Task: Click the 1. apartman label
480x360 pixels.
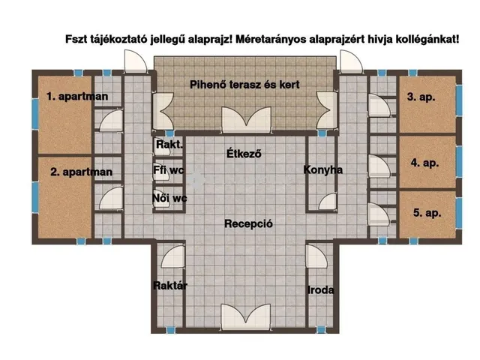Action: [77, 97]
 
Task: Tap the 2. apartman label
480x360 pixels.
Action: [82, 172]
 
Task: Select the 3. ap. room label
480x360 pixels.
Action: [421, 97]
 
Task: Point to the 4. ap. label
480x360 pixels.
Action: [424, 163]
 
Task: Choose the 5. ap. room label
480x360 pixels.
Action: [427, 213]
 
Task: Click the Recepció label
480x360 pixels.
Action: [248, 223]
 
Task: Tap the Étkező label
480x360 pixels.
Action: [244, 153]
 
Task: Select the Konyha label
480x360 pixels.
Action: [323, 170]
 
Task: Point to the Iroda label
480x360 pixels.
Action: [320, 290]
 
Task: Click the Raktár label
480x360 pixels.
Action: [170, 286]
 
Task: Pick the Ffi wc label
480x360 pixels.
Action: [169, 170]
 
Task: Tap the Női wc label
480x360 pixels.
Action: [169, 198]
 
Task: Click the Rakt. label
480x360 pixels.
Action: [169, 145]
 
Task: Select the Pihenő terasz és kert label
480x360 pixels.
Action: [244, 85]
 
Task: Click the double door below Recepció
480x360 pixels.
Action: [246, 316]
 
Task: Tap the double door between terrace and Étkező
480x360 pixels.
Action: [247, 120]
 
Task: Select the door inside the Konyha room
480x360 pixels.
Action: [328, 201]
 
